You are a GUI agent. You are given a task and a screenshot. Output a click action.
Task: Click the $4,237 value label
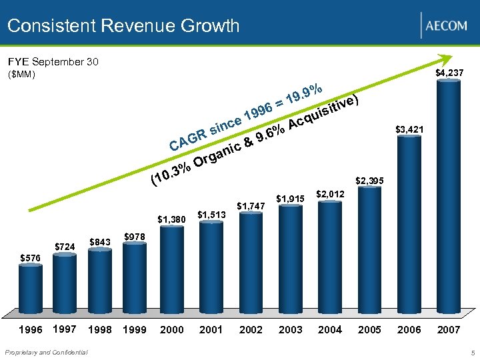tap(449, 72)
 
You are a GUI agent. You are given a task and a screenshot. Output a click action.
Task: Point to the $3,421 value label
tap(409, 128)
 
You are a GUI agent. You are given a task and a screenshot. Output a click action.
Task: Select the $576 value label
tap(30, 257)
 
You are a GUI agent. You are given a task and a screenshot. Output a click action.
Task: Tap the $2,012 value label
tap(330, 193)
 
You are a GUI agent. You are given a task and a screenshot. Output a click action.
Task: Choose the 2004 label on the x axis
tap(330, 329)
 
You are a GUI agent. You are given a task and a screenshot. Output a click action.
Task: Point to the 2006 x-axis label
tap(409, 329)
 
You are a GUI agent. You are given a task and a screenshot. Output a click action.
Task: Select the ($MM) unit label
tap(21, 75)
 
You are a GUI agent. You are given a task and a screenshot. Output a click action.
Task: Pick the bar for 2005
tap(369, 250)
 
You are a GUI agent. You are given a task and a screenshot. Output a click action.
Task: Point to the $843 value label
tap(100, 241)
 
